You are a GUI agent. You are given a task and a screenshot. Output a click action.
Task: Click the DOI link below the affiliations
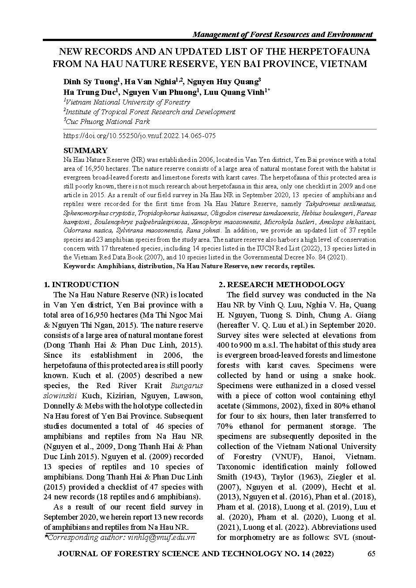139,136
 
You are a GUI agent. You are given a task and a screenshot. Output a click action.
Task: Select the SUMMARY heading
86,150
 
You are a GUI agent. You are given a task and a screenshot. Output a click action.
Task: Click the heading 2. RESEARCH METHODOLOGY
282,285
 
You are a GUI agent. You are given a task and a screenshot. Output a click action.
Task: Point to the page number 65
371,554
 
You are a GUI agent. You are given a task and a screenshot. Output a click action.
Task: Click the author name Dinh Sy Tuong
90,82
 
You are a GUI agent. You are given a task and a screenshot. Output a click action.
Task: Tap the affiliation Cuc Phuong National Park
108,121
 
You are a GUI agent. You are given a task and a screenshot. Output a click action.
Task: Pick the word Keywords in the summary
79,266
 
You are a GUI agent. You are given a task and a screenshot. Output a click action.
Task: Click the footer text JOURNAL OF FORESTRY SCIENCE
132,554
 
